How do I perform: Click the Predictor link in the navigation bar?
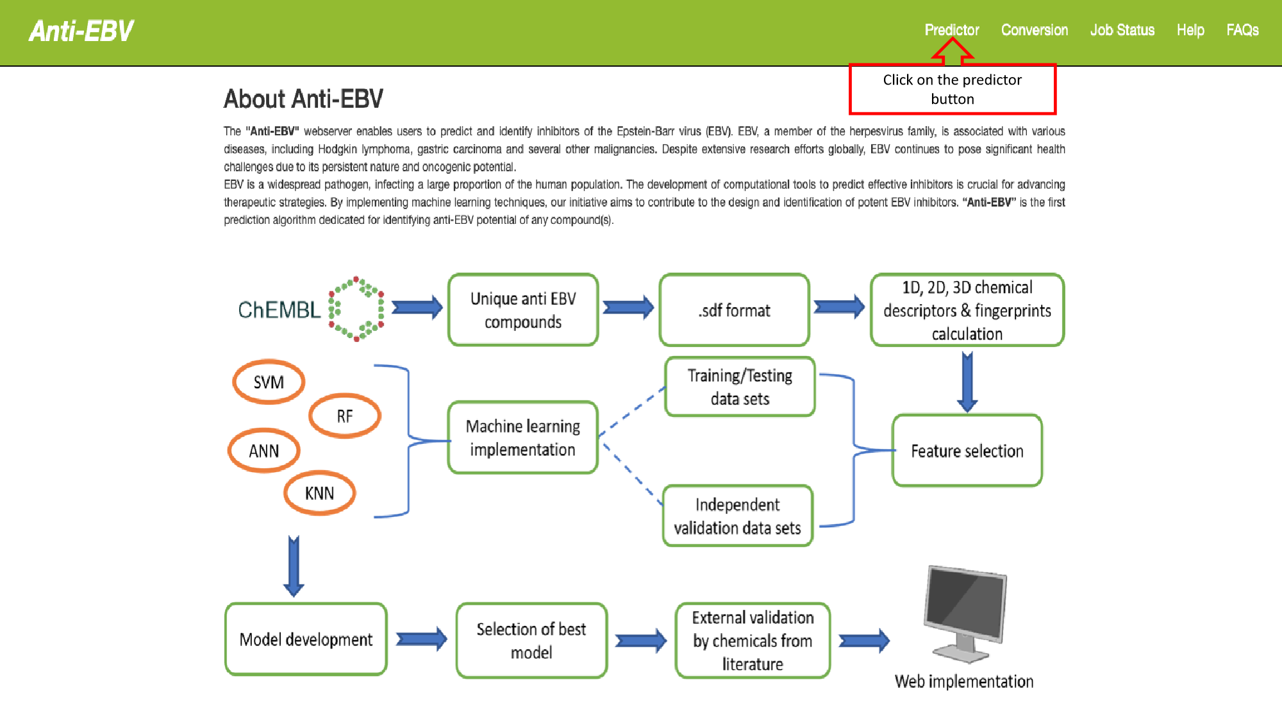click(x=951, y=30)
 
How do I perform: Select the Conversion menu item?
click(x=1034, y=30)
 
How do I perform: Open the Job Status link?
click(x=1122, y=30)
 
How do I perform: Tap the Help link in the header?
click(x=1190, y=30)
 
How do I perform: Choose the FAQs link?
click(x=1242, y=30)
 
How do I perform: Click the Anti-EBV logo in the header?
click(x=81, y=31)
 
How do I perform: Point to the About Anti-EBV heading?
click(x=303, y=99)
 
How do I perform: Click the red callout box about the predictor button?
click(x=952, y=89)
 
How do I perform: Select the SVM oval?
click(x=269, y=382)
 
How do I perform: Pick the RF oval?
click(x=345, y=416)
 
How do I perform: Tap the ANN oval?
click(x=264, y=451)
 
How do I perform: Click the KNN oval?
click(x=319, y=493)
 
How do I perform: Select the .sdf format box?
click(x=734, y=310)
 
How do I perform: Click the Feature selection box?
click(x=967, y=451)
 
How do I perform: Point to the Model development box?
click(x=306, y=640)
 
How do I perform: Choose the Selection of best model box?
click(x=531, y=640)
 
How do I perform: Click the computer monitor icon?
click(x=965, y=613)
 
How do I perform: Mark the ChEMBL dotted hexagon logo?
click(x=356, y=309)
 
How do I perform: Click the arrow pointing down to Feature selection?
click(x=967, y=382)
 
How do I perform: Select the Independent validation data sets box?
click(x=737, y=516)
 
